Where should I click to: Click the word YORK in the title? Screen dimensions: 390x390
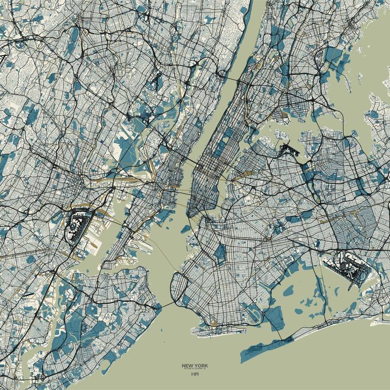[x=200, y=365]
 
